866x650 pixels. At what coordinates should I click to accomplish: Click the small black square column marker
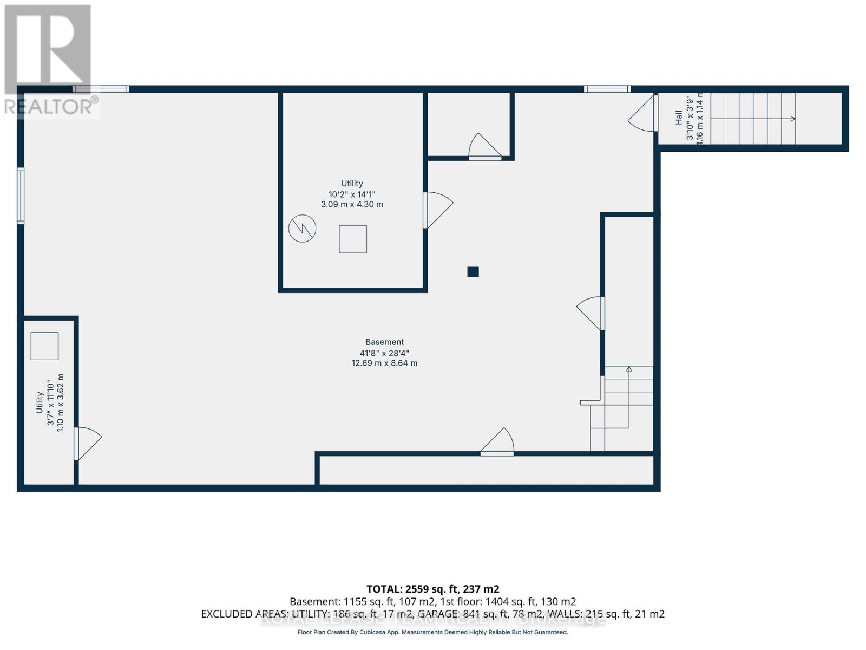pyautogui.click(x=473, y=272)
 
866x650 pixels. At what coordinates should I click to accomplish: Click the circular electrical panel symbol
pyautogui.click(x=302, y=229)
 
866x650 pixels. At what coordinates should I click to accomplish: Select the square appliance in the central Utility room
pyautogui.click(x=353, y=239)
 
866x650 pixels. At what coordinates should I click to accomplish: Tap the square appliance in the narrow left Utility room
pyautogui.click(x=44, y=346)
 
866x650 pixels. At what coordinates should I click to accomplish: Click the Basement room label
pyautogui.click(x=384, y=342)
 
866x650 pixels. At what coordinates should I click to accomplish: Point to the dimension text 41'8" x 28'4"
pyautogui.click(x=384, y=353)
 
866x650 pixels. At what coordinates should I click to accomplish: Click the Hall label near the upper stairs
pyautogui.click(x=679, y=118)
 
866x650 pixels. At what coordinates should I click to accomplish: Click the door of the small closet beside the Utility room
pyautogui.click(x=484, y=146)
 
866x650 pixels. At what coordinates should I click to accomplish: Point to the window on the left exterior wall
pyautogui.click(x=21, y=196)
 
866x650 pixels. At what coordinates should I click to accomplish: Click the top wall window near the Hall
pyautogui.click(x=607, y=89)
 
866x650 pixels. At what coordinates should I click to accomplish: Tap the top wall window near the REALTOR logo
pyautogui.click(x=101, y=89)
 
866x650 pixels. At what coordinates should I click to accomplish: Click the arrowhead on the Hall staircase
pyautogui.click(x=793, y=119)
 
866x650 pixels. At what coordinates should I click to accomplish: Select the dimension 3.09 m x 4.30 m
pyautogui.click(x=352, y=204)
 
